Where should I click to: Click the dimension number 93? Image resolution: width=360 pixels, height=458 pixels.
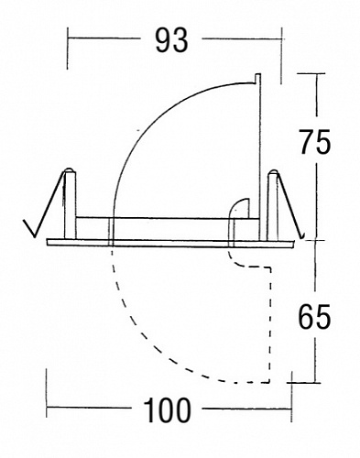point(171,40)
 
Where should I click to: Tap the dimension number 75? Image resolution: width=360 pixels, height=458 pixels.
point(314,142)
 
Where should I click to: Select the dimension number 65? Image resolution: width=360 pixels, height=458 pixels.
point(314,317)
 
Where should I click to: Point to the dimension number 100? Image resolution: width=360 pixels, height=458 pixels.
point(167,410)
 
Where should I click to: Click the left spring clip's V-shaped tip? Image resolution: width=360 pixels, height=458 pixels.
point(34,236)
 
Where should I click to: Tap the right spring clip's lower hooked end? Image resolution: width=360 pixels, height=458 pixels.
point(303,236)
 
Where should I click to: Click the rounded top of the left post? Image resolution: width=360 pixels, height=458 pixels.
point(70,169)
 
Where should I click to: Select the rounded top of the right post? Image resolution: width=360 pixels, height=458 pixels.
point(273,171)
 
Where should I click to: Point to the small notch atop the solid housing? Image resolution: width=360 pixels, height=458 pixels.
point(257,78)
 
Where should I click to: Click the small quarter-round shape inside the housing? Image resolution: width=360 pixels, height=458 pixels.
point(240,208)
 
